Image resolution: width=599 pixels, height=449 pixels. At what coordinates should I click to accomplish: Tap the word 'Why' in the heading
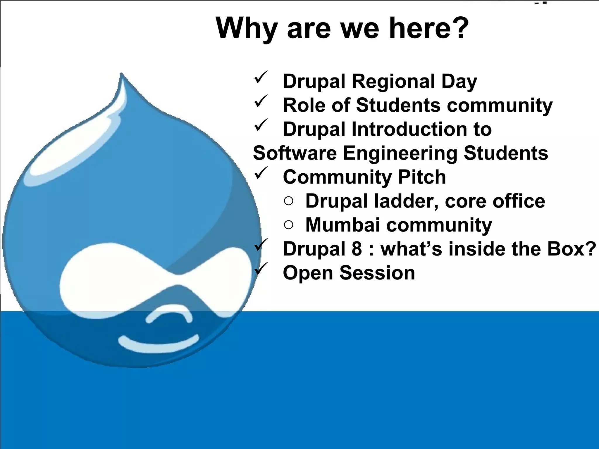246,29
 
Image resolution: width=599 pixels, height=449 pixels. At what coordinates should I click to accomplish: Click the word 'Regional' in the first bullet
393,82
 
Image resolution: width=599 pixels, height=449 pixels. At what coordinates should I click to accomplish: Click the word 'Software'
295,153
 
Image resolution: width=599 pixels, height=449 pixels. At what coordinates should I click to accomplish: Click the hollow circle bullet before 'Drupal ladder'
288,201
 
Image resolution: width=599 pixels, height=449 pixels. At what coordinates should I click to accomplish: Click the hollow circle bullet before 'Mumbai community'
288,225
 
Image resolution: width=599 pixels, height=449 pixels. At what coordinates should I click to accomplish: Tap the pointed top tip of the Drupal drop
121,75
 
